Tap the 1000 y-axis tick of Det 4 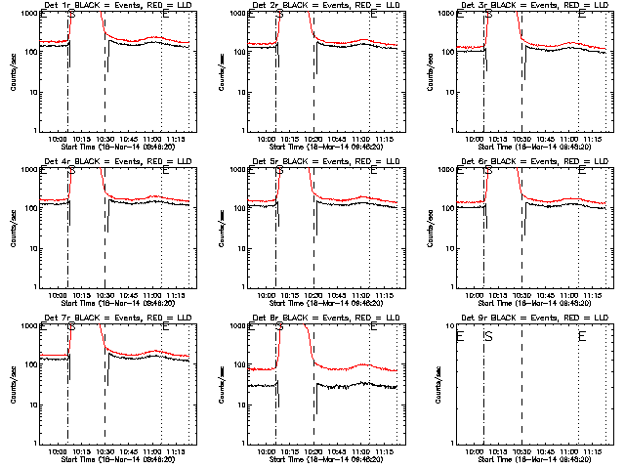pyautogui.click(x=27, y=170)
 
